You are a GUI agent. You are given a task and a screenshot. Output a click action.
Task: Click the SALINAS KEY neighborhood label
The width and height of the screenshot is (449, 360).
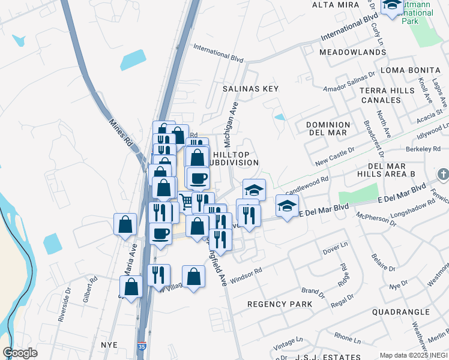[251, 88]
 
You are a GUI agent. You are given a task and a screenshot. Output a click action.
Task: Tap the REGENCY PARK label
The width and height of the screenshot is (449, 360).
[280, 304]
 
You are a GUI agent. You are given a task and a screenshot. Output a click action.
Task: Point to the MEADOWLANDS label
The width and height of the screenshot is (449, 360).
[352, 52]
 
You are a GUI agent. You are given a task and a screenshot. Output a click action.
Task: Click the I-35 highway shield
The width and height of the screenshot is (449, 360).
[141, 346]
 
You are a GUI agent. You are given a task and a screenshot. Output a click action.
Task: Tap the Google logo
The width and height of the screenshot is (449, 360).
[20, 353]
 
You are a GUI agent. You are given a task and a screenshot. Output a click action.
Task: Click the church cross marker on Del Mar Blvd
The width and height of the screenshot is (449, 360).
[443, 175]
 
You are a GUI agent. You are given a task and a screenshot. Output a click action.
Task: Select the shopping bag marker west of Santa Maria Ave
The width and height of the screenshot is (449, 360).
[125, 224]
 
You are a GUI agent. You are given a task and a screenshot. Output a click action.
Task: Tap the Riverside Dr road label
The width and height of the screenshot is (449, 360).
[64, 308]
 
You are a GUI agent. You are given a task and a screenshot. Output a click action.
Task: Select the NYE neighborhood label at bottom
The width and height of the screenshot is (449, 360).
[109, 345]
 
